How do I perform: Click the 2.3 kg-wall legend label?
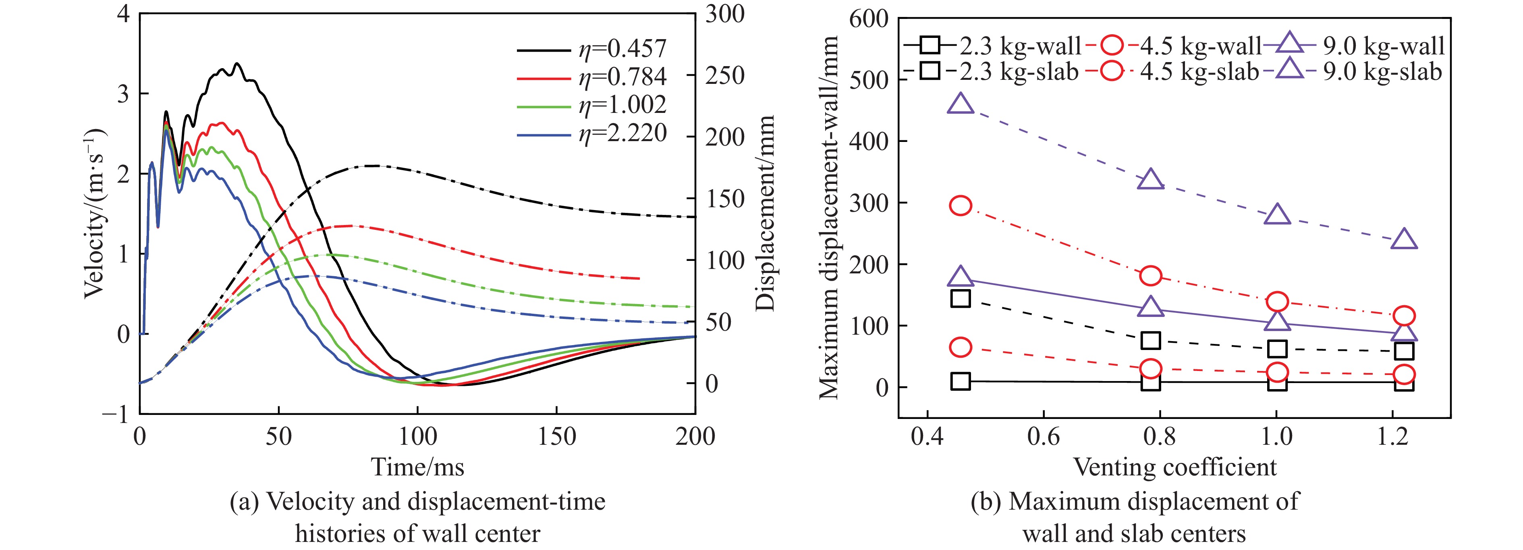point(1020,46)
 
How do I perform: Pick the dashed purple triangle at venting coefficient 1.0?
point(1278,215)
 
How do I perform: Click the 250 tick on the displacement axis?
point(725,76)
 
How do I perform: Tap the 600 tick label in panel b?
point(869,19)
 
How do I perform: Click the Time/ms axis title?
point(417,467)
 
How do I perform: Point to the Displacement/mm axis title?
point(765,213)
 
